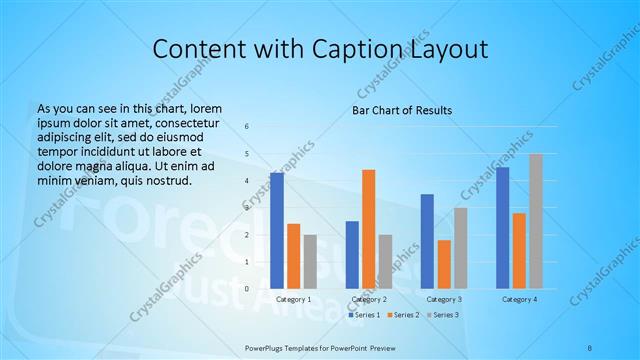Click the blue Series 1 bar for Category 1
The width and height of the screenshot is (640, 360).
click(277, 231)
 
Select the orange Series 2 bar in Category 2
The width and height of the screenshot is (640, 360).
click(369, 229)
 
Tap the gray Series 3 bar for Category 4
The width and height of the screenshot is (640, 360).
click(535, 221)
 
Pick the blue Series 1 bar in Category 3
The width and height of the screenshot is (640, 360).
click(427, 241)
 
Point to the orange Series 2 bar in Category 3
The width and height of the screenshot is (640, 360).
click(444, 264)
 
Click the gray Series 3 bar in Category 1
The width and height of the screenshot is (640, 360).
click(310, 261)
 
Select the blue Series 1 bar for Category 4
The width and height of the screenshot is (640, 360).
click(502, 228)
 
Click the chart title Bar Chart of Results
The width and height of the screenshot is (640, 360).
click(402, 110)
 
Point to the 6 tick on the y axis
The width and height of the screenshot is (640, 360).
click(248, 126)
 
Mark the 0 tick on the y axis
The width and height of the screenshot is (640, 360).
click(248, 289)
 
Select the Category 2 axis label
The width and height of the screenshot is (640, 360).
click(369, 300)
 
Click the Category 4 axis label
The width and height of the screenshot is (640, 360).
click(519, 300)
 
